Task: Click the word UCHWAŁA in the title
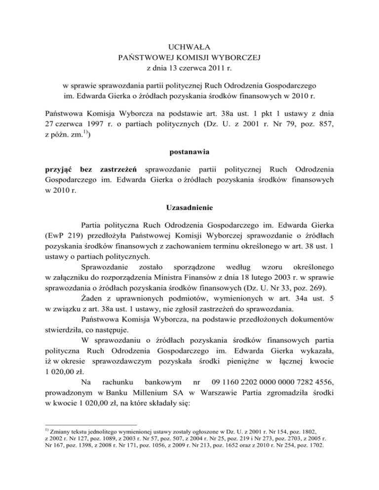(x=189, y=47)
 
